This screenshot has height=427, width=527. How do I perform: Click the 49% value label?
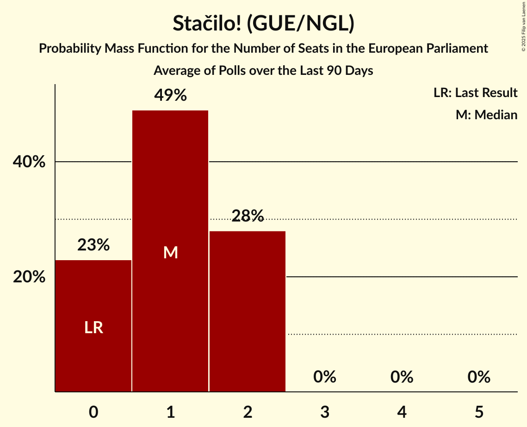coord(170,96)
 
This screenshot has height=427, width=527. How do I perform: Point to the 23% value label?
coord(93,245)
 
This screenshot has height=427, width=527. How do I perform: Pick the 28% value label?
coord(248,216)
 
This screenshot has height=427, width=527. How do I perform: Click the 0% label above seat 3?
coord(325,377)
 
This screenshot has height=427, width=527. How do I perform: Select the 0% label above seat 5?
coord(479,377)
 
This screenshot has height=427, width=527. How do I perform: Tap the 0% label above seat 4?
coord(402,377)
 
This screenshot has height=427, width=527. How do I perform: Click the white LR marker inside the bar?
coord(93,328)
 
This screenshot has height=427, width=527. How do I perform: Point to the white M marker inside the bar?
coord(170,252)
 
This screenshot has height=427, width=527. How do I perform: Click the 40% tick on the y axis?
coord(29,162)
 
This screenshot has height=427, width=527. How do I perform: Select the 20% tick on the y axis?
coord(29,277)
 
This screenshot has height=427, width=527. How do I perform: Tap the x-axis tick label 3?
coord(325,412)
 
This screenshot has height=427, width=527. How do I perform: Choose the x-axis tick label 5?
coord(479,412)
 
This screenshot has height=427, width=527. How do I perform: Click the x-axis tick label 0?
coord(93,412)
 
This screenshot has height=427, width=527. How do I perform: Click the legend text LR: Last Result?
coord(475,93)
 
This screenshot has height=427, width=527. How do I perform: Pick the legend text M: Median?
coord(486,115)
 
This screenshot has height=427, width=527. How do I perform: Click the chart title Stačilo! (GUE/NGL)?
coord(263,24)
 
